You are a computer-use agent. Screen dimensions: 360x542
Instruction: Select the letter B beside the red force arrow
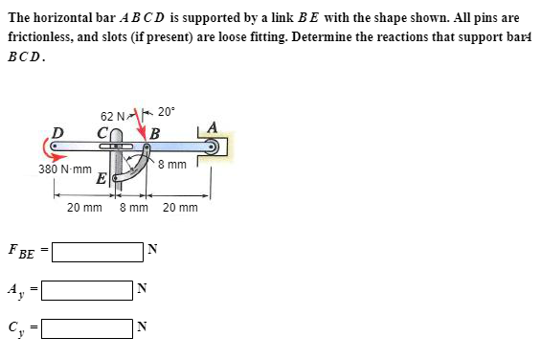(x=154, y=132)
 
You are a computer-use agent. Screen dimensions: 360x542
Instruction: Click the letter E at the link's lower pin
(x=102, y=178)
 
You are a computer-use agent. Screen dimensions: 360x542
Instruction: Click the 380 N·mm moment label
(x=63, y=169)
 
